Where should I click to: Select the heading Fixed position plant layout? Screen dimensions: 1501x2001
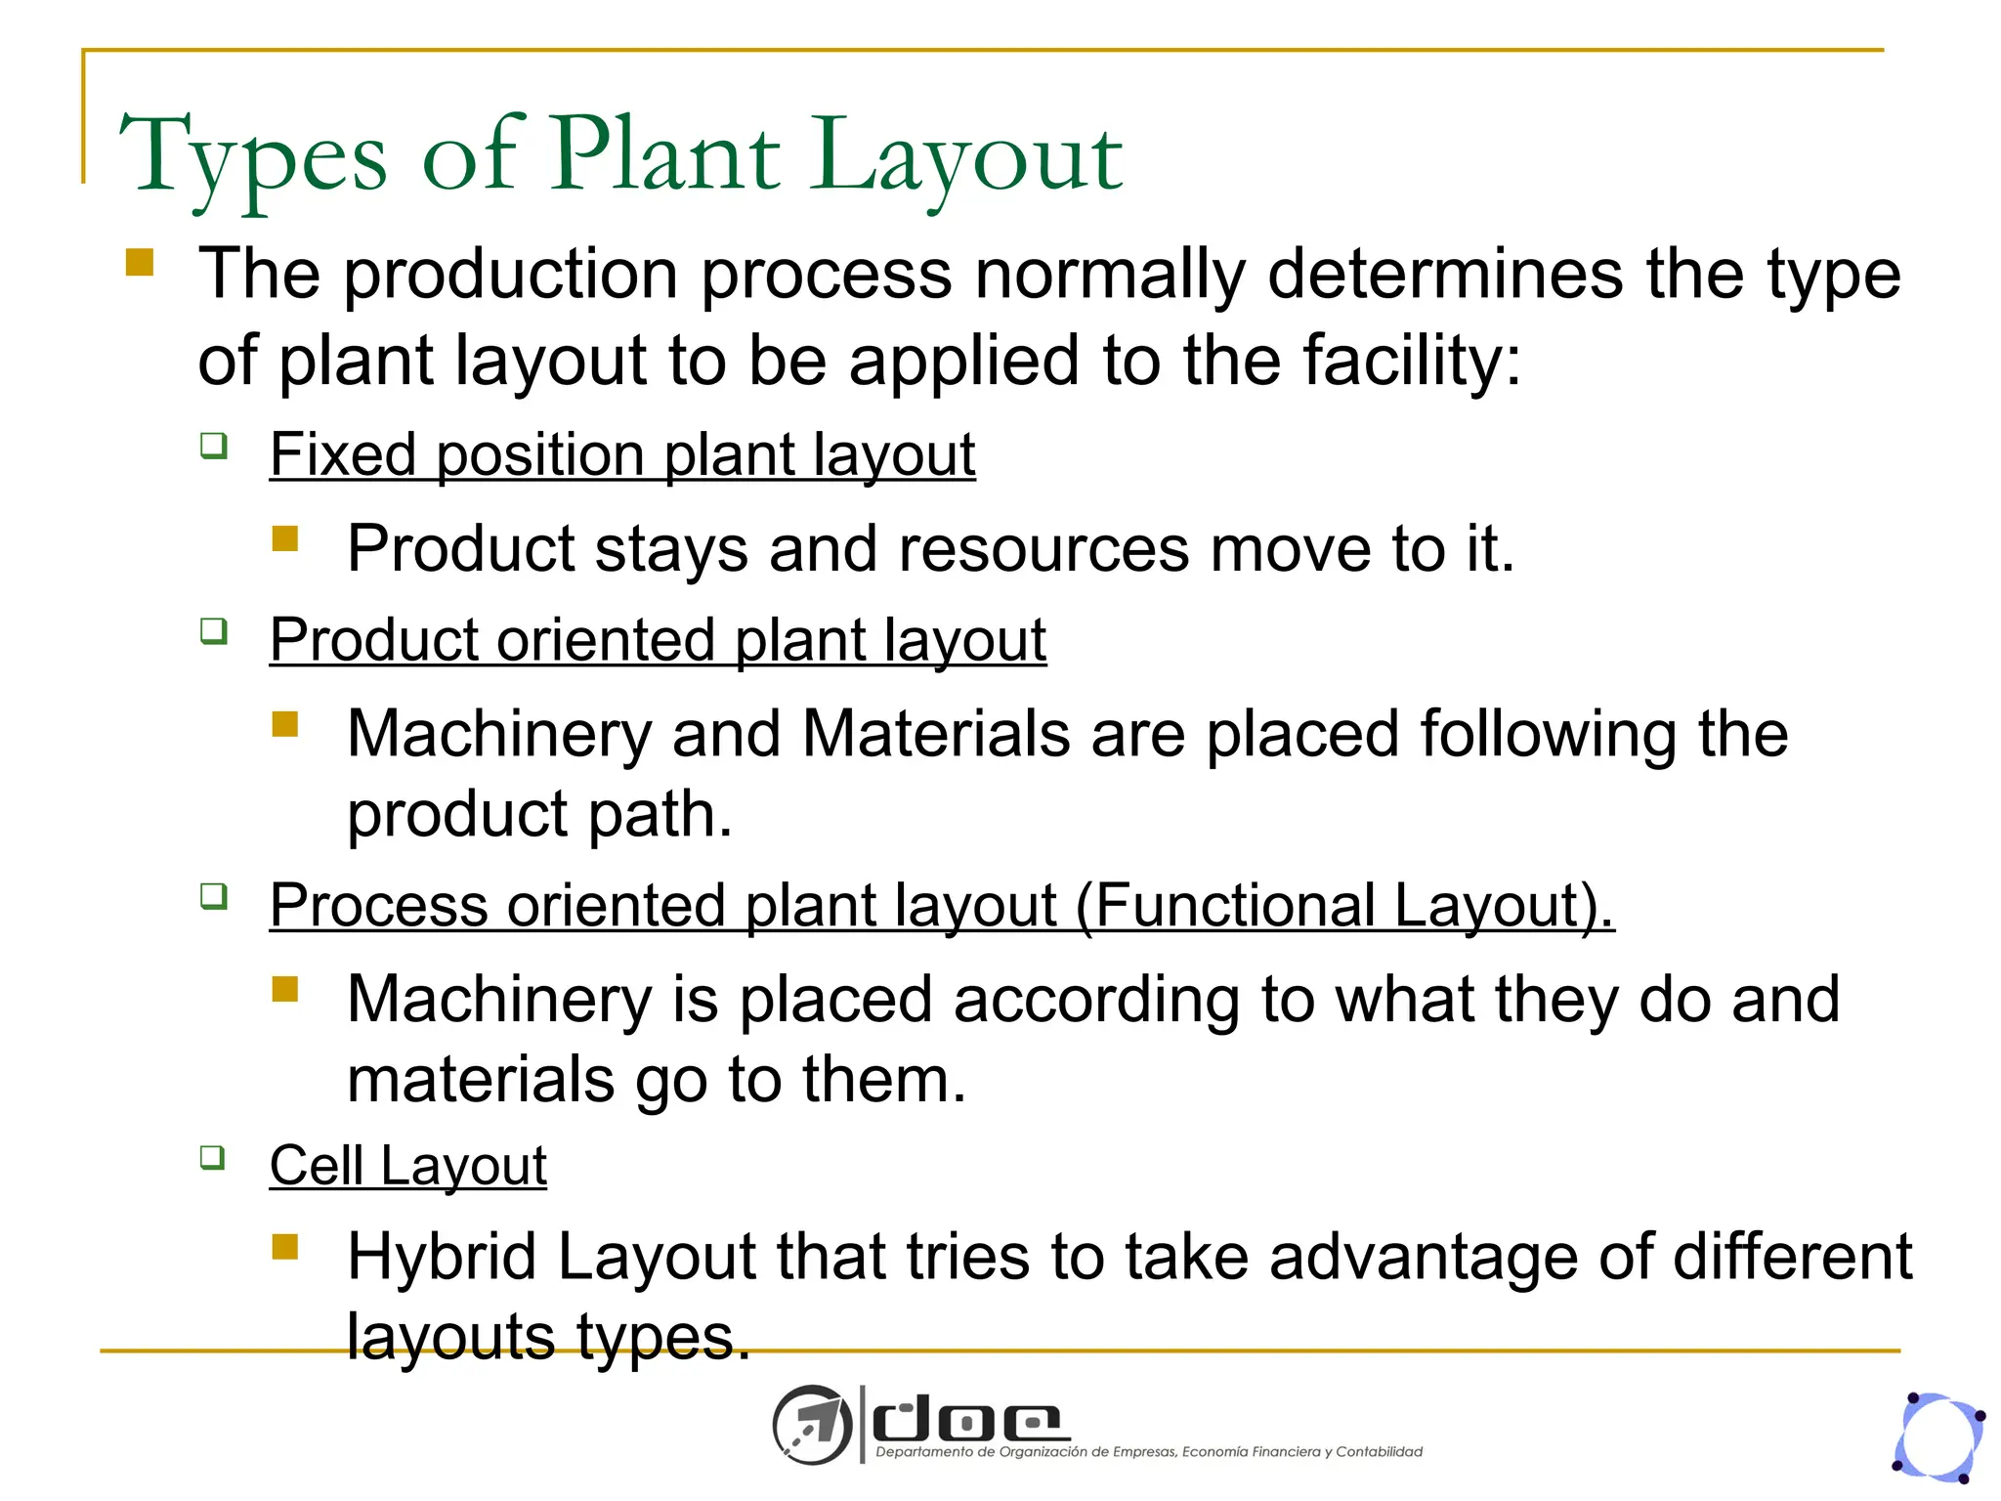point(622,454)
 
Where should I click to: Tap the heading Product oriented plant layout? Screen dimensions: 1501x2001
point(658,640)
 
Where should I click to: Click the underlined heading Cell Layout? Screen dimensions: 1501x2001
point(407,1165)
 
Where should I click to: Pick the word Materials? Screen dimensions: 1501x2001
point(935,733)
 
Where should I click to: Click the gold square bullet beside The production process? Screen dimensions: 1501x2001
point(140,263)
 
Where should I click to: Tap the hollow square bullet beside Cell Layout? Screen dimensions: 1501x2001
point(213,1158)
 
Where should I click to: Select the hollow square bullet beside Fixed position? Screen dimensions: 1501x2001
point(213,447)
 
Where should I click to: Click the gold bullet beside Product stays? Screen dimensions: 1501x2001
point(285,539)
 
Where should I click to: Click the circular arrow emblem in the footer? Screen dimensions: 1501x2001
point(811,1425)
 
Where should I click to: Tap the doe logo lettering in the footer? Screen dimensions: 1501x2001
point(966,1422)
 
